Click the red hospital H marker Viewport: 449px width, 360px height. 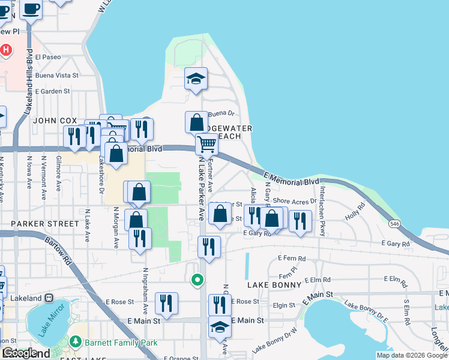6,50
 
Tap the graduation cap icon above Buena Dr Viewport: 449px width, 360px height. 196,79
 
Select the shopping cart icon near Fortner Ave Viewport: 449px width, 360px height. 206,144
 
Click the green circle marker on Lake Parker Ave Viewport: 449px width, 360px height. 196,279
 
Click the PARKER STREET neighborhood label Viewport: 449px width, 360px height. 36,224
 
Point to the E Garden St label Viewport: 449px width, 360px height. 53,91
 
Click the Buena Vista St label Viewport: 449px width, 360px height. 57,75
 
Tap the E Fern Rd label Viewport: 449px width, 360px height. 292,259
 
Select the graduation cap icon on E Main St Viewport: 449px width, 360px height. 220,328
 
